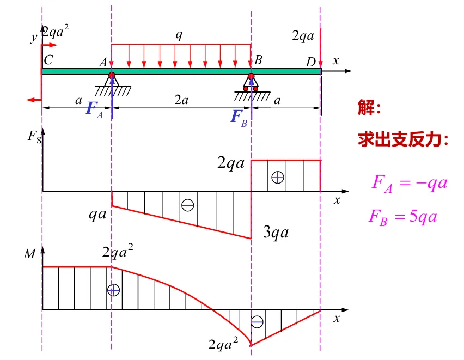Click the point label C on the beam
tap(48, 60)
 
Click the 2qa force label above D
tap(303, 36)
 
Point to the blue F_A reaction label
tap(94, 108)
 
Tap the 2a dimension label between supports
tap(182, 101)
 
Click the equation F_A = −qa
tap(410, 182)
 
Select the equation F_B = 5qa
tap(403, 216)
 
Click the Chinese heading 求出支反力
tap(403, 140)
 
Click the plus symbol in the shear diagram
tap(278, 177)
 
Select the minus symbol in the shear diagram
tap(188, 205)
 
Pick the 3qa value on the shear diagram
tap(276, 234)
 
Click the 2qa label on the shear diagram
tap(231, 163)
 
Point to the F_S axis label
tap(34, 136)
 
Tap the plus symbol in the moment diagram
tap(113, 290)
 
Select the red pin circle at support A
tap(112, 76)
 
